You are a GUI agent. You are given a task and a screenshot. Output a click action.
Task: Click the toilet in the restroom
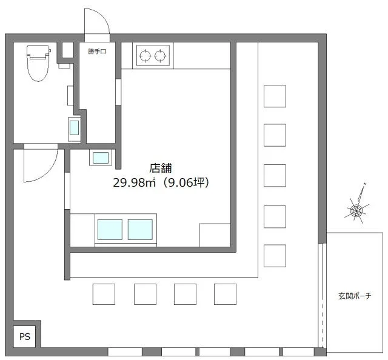(37, 63)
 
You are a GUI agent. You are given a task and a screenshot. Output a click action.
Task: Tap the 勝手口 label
(97, 52)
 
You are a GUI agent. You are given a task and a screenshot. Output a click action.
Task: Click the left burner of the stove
(145, 56)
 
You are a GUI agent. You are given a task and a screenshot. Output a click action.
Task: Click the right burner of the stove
(160, 56)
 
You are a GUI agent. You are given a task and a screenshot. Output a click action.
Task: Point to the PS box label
(24, 336)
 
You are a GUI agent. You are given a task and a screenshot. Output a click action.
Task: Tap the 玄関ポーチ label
(355, 296)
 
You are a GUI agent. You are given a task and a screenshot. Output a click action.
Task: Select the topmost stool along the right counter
(275, 96)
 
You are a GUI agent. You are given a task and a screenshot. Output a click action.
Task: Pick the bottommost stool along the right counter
(275, 255)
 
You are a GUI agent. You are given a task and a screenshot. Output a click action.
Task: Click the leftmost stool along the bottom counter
(104, 294)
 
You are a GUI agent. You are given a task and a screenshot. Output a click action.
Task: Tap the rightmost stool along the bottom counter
(225, 294)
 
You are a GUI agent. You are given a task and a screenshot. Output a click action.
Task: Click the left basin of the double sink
(110, 230)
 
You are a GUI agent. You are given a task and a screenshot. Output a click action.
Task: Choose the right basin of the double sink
(140, 230)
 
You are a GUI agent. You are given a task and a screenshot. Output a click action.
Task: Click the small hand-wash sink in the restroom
(74, 128)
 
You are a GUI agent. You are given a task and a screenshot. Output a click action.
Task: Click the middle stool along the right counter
(275, 175)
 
